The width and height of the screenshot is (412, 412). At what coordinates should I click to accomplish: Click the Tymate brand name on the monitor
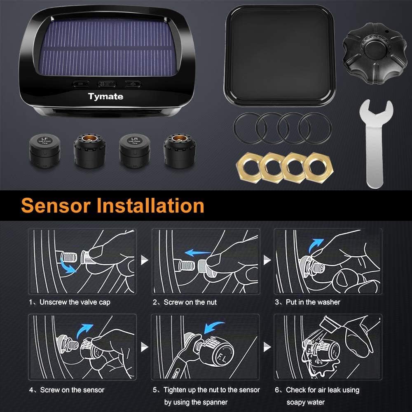point(105,97)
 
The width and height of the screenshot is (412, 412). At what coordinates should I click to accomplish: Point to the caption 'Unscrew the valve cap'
point(75,302)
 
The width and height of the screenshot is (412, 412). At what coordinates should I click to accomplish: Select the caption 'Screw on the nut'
point(190,302)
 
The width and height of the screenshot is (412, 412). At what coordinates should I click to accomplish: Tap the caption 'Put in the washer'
point(313,302)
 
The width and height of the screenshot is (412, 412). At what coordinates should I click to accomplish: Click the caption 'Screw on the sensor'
point(72,389)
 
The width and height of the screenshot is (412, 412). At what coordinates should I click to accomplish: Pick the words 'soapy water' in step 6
point(305,402)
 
